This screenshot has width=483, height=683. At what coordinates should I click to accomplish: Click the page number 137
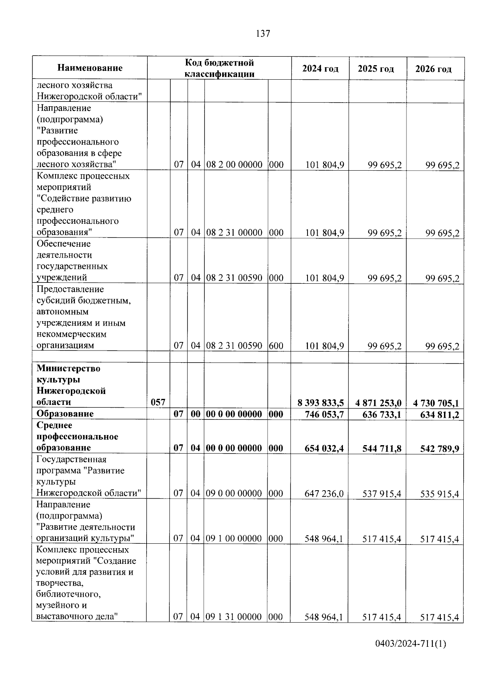pos(263,34)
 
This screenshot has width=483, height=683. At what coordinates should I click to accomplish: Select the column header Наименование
pos(90,68)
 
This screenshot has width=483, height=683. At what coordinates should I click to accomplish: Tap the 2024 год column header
pos(320,69)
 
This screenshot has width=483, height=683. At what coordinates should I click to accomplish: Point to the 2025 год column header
pos(376,69)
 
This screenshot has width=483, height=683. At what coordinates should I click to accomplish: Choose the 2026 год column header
pos(433,69)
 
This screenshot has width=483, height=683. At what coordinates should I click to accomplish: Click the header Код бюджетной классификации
pos(219,68)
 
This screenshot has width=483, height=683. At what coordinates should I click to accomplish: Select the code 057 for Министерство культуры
pos(158,402)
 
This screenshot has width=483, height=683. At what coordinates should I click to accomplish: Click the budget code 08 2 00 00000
pos(234,165)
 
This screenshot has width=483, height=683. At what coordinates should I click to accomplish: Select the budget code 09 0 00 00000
pos(234,493)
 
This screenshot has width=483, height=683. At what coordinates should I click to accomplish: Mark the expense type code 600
pos(276,346)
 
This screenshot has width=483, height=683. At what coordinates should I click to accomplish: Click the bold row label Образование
pos(65,414)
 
